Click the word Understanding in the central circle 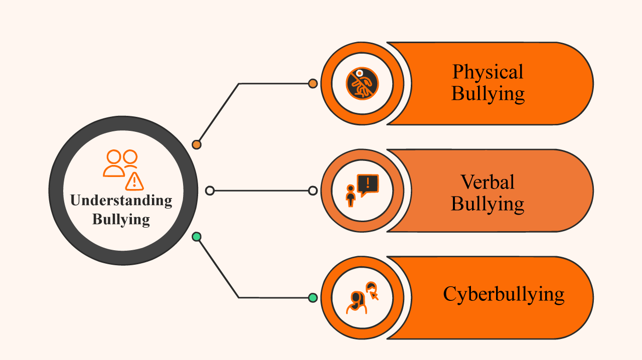click(121, 201)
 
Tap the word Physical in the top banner click(488, 72)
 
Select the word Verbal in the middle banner click(488, 182)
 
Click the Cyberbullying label click(504, 294)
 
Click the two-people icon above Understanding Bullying click(121, 162)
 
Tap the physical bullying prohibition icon click(362, 83)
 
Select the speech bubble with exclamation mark click(368, 185)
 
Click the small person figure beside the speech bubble click(351, 195)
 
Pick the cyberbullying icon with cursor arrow click(362, 297)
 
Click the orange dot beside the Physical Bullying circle click(312, 84)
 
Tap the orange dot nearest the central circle click(197, 144)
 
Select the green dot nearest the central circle click(197, 237)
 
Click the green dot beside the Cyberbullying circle click(312, 298)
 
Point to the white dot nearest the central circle click(210, 191)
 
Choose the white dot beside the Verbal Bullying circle click(312, 191)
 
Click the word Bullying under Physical click(488, 94)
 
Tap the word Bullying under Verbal click(488, 204)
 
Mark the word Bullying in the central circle click(121, 220)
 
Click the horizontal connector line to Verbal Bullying click(261, 191)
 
